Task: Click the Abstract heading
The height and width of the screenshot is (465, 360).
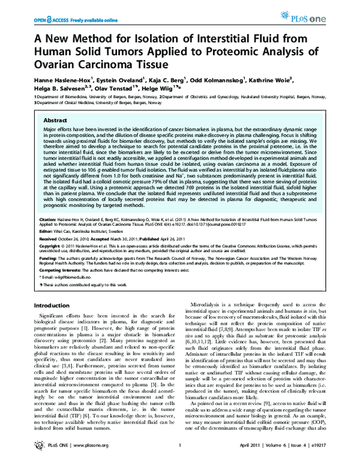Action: point(55,120)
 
